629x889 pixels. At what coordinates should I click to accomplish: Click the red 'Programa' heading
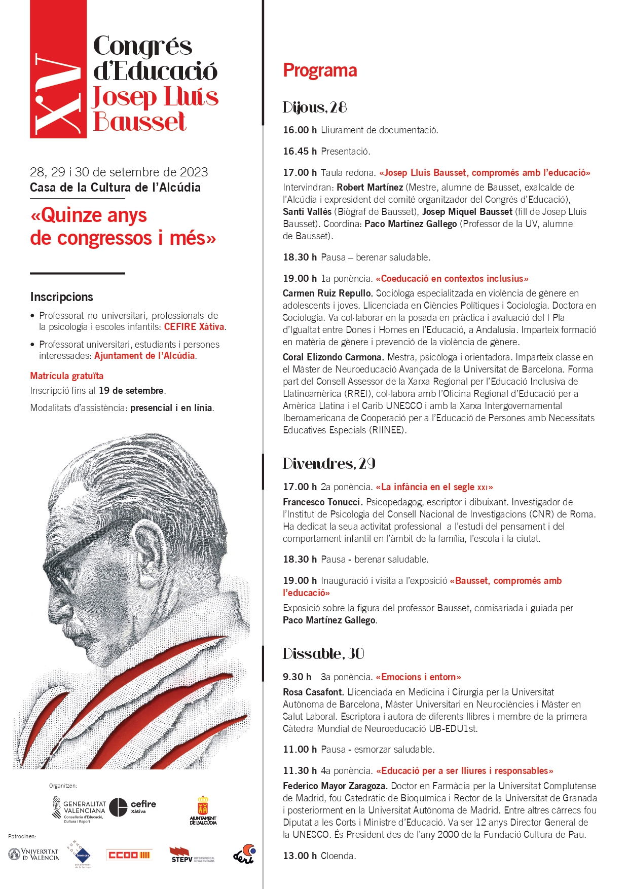320,70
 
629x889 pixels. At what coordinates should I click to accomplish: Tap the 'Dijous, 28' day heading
314,107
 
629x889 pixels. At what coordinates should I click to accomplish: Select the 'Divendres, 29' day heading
328,464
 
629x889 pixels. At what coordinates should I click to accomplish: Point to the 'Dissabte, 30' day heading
323,654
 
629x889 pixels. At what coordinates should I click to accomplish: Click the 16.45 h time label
300,152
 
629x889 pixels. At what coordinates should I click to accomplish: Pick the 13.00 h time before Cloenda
300,856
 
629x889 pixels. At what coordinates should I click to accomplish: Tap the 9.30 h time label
297,677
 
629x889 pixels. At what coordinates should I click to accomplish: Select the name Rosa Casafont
313,692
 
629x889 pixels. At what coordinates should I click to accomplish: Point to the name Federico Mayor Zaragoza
335,786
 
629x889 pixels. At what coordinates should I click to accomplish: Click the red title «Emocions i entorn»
418,677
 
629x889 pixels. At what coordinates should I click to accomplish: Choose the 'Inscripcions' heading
62,297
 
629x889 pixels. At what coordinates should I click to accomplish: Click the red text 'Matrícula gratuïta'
66,376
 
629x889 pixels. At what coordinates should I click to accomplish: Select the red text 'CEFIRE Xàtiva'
194,327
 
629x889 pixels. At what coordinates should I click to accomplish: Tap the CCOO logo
129,855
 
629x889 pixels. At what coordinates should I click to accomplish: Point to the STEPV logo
191,855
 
